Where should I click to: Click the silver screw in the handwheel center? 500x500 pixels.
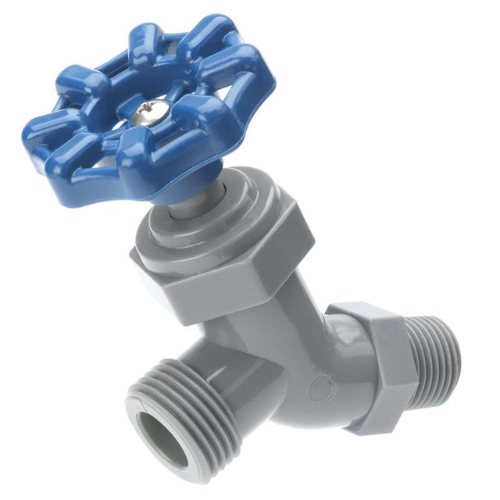(x=145, y=114)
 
